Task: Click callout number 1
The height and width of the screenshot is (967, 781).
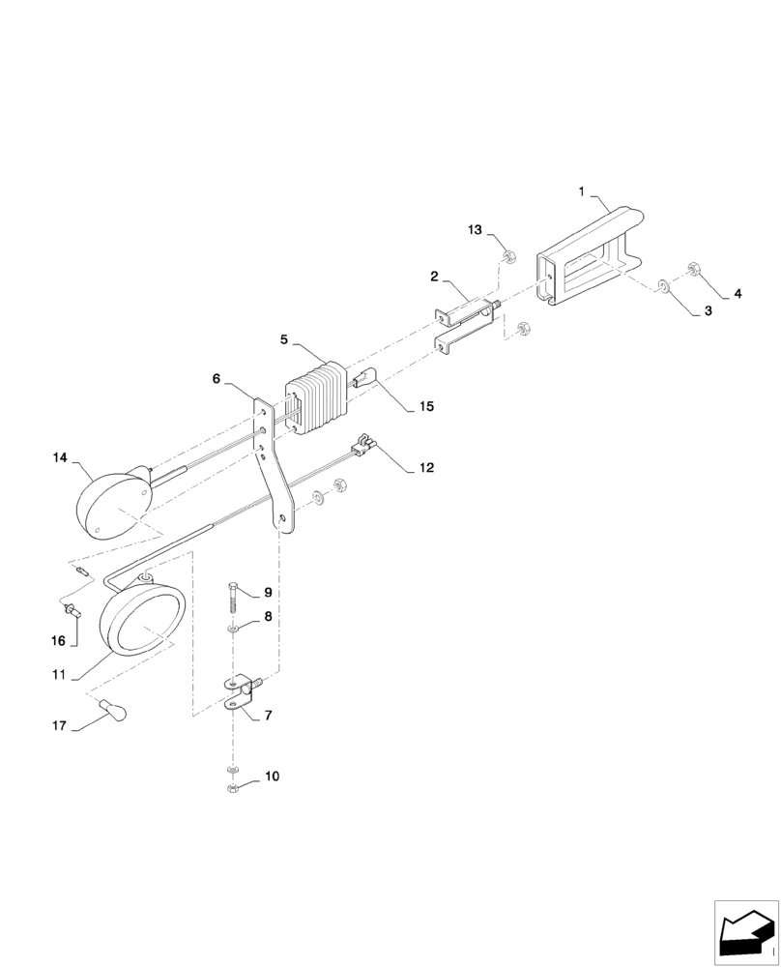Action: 582,192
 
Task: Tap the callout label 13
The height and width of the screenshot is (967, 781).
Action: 475,229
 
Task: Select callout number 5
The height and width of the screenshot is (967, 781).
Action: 285,339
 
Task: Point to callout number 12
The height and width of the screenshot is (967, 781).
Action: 426,468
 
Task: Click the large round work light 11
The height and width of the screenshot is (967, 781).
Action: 142,622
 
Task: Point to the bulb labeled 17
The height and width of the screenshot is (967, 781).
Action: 116,715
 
